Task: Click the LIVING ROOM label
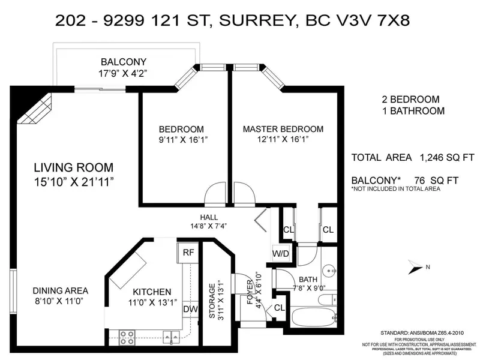click(x=73, y=167)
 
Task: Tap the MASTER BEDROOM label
click(x=283, y=129)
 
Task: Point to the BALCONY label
click(x=124, y=62)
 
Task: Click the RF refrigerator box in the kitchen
click(x=188, y=253)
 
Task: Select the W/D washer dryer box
click(x=282, y=253)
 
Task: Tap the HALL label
click(x=209, y=217)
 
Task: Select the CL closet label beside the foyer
click(x=279, y=308)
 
